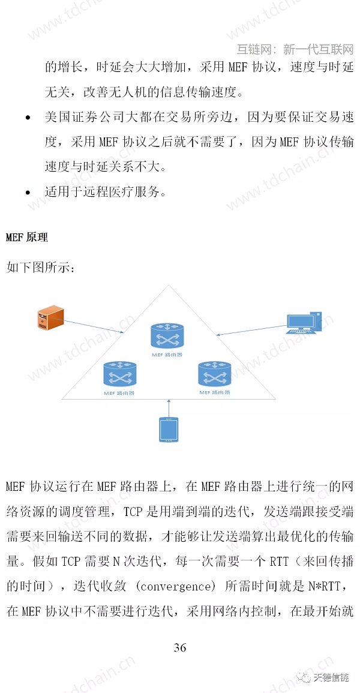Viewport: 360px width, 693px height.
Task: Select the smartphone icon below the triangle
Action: coord(169,430)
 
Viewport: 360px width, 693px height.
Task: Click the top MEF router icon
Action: coord(168,336)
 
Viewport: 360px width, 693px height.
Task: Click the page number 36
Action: coord(180,647)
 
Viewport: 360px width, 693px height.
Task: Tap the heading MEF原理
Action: coord(26,238)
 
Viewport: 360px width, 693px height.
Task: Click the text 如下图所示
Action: coord(40,267)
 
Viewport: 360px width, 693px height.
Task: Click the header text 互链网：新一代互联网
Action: coord(295,49)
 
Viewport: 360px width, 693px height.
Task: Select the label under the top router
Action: coord(168,355)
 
